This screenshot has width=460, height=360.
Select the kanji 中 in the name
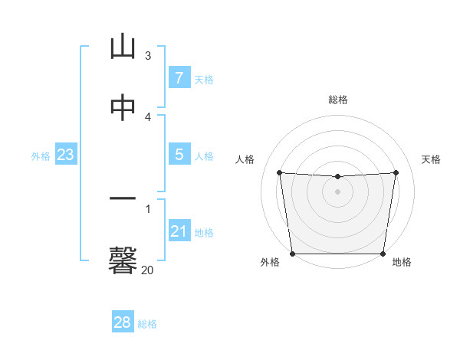pos(123,108)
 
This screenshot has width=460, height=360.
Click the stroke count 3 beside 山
pos(148,56)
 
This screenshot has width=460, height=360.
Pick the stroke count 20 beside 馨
pos(147,270)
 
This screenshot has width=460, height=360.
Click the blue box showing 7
pos(179,78)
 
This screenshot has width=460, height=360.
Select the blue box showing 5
pos(179,155)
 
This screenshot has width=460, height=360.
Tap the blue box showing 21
pos(179,231)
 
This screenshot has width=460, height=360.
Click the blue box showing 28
pos(123,322)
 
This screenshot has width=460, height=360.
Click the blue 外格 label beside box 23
pos(41,156)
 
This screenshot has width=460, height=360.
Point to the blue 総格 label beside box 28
pos(148,324)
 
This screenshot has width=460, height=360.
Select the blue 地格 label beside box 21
pos(204,233)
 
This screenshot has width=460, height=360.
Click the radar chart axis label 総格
pos(338,100)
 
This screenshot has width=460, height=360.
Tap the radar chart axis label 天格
pos(432,159)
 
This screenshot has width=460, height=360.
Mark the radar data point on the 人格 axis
pos(279,172)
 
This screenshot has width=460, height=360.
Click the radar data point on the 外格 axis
pos(292,254)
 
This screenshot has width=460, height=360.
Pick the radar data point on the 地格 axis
pos(383,254)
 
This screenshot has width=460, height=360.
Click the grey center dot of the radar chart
pos(337,191)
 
